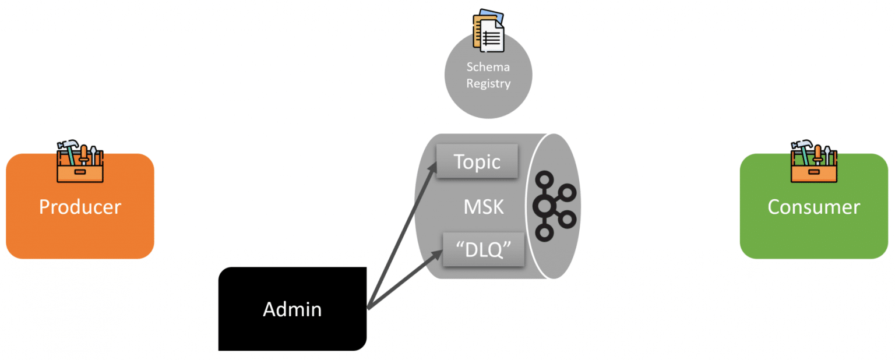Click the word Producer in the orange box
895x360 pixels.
tap(80, 207)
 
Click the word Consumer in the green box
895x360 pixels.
tap(813, 207)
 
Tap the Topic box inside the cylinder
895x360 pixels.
tap(477, 161)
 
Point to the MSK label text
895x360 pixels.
tap(483, 207)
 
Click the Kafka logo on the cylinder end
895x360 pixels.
tap(552, 206)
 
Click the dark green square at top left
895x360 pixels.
tap(33, 67)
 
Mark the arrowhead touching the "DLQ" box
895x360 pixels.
tap(438, 254)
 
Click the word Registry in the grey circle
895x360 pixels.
tap(488, 83)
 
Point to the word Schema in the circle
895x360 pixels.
tap(488, 67)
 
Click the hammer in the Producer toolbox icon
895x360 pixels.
tap(66, 146)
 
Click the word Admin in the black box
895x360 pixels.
tap(292, 309)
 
